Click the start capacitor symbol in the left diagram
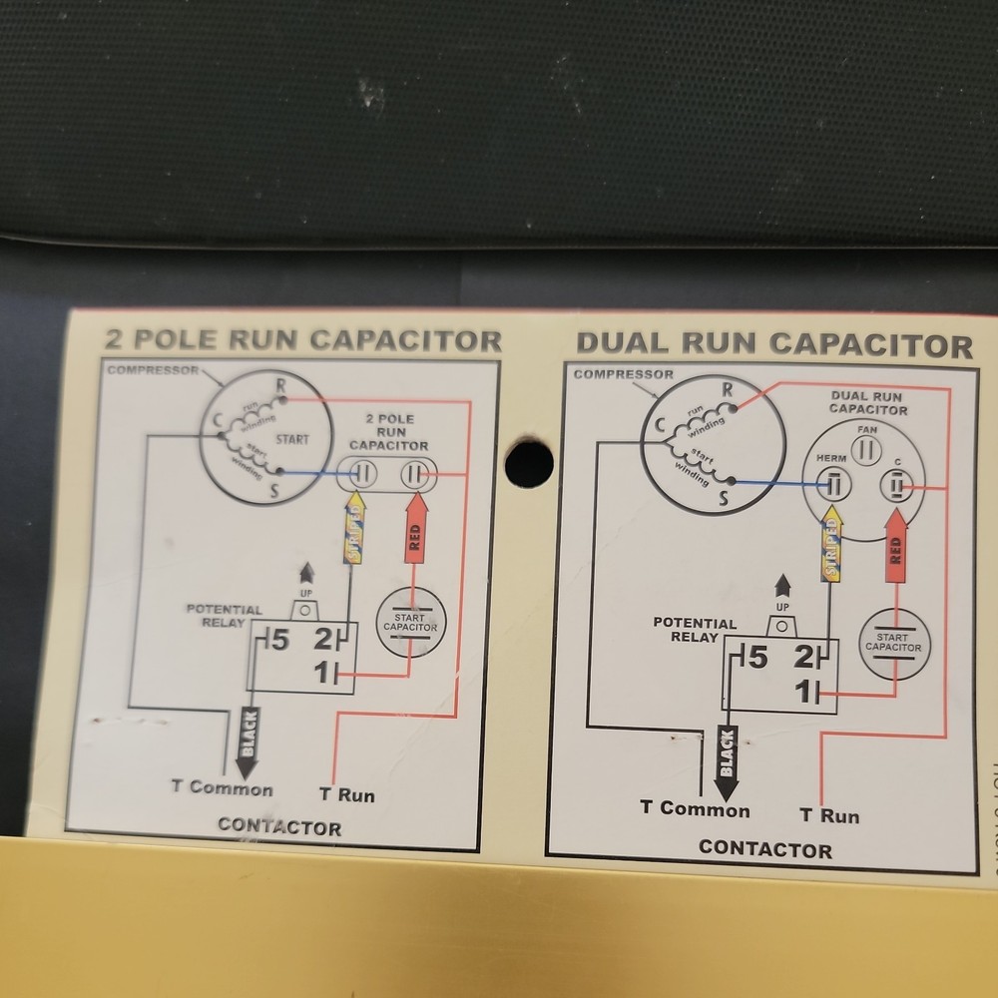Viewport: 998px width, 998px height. (411, 622)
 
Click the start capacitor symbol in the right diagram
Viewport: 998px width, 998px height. (893, 643)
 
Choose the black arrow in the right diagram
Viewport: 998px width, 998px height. (728, 761)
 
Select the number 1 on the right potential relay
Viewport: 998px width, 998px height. (801, 690)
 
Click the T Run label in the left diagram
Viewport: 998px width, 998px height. (347, 795)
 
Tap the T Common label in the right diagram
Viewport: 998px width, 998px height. (695, 809)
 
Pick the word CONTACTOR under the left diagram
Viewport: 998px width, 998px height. (279, 826)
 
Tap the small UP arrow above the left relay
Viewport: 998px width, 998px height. (305, 575)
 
